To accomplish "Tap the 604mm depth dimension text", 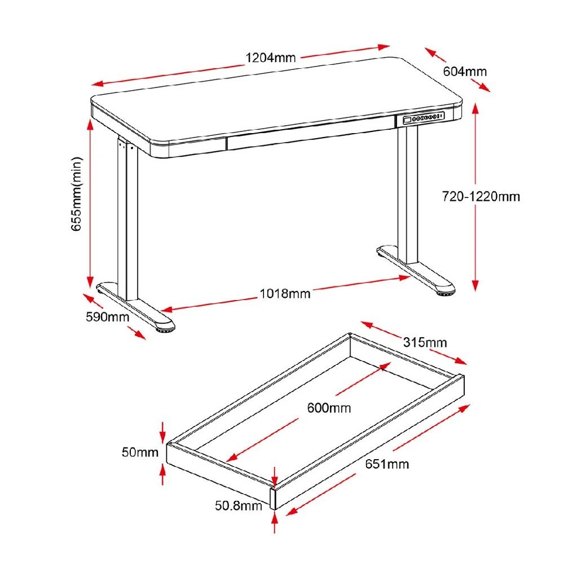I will pyautogui.click(x=465, y=72).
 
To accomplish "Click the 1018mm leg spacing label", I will pyautogui.click(x=285, y=293).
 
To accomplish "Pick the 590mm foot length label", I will pyautogui.click(x=107, y=316).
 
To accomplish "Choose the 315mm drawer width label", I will pyautogui.click(x=425, y=342).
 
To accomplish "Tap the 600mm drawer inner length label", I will pyautogui.click(x=329, y=407).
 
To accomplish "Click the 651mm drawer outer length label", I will pyautogui.click(x=387, y=465).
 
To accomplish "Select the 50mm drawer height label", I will pyautogui.click(x=139, y=452).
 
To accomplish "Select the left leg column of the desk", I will pyautogui.click(x=126, y=220).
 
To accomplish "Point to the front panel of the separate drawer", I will pyautogui.click(x=220, y=471).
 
